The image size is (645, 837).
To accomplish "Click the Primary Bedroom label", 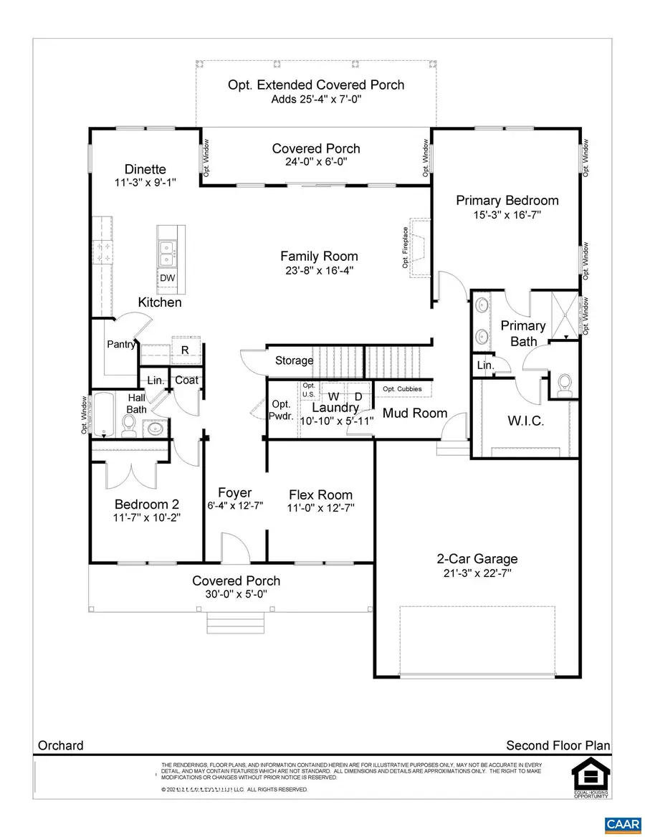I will coord(507,201).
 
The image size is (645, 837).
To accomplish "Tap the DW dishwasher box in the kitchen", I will coord(168,278).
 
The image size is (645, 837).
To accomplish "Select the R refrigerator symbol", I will coord(184,350).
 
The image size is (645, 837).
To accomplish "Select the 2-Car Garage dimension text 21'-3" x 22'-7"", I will coord(477,573).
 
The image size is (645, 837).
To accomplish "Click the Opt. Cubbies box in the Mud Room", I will coord(402,389).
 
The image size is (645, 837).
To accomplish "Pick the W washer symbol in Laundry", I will coord(334,396).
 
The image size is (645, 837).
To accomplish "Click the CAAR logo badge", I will coord(622,825).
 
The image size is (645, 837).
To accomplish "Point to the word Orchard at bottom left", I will coord(60,745).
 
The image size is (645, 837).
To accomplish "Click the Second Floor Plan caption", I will coord(558,745).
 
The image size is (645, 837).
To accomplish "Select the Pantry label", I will coord(121,345).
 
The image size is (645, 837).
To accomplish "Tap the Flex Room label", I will coord(320,494).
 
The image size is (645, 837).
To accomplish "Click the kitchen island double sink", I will coord(167,252).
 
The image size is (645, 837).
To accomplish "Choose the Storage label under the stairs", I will coord(294,360).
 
